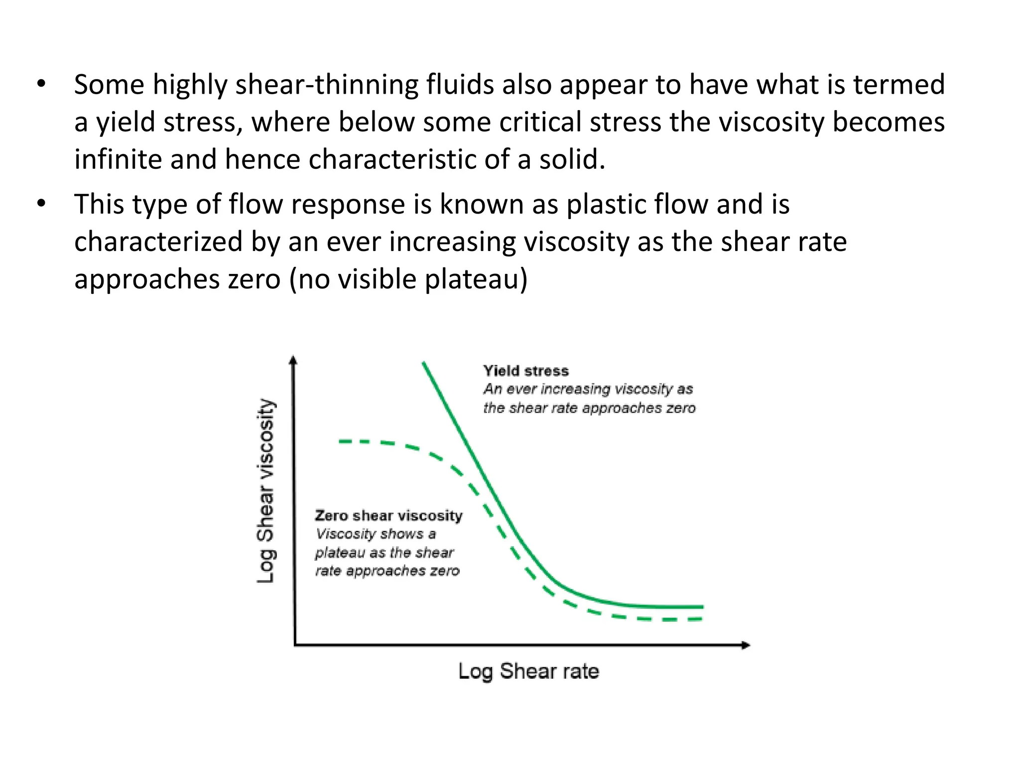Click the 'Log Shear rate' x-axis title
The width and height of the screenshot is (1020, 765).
coord(528,671)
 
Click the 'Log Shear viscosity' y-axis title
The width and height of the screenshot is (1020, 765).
coord(265,491)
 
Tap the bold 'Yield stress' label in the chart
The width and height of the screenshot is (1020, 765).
coord(525,371)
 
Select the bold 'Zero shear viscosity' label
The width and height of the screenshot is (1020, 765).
coord(388,515)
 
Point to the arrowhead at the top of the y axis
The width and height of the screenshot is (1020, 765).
coord(293,360)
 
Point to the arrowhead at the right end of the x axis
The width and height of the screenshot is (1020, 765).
coord(746,645)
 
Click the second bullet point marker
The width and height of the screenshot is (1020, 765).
coord(41,204)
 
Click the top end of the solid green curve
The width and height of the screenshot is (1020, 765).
coord(423,363)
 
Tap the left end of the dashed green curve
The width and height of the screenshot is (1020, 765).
coord(341,441)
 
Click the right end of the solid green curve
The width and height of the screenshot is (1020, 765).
coord(702,607)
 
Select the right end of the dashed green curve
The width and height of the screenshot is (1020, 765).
coord(700,620)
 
